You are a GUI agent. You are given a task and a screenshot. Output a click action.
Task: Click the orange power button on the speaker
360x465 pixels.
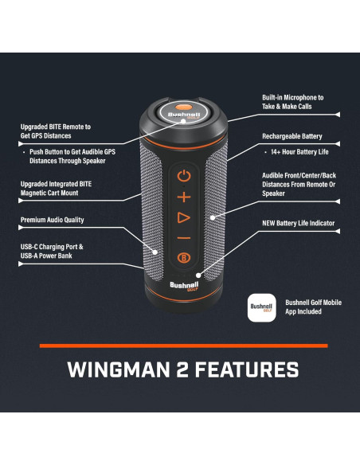(x=184, y=175)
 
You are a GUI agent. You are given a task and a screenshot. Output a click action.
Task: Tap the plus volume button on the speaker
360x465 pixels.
(x=184, y=196)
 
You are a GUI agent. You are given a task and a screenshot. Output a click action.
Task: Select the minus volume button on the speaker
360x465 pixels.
(x=184, y=237)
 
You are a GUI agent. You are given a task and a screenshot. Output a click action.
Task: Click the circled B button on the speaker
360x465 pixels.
(x=184, y=257)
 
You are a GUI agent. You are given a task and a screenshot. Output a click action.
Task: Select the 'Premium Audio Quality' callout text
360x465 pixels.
(x=52, y=220)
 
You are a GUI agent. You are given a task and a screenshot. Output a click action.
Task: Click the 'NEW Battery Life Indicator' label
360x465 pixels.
(x=298, y=224)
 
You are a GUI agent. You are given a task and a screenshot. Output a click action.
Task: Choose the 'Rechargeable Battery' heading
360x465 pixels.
(x=292, y=136)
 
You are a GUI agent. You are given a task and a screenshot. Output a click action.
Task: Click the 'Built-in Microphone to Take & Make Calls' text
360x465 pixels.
(x=293, y=102)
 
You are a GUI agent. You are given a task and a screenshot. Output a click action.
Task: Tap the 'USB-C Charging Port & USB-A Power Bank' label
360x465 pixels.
(x=53, y=252)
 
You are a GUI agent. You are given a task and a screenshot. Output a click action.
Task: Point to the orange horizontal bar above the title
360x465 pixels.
(x=184, y=346)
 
